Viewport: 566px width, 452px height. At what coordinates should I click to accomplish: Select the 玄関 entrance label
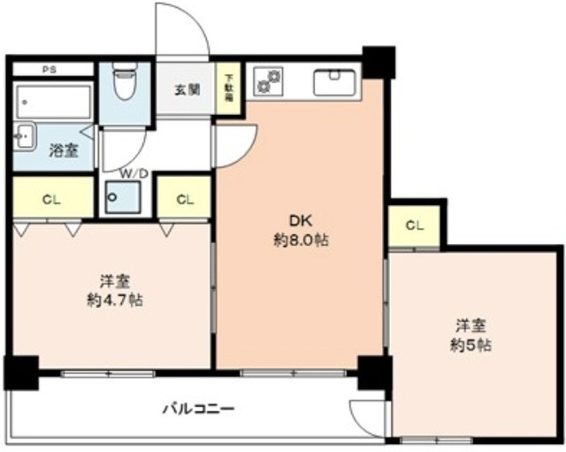(x=185, y=89)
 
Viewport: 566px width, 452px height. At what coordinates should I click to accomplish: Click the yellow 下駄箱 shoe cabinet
(x=228, y=88)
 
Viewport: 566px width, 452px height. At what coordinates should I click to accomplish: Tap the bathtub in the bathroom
(x=53, y=103)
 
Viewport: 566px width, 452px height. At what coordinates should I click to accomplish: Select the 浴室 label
(x=63, y=151)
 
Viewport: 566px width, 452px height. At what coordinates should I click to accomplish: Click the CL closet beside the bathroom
(x=50, y=199)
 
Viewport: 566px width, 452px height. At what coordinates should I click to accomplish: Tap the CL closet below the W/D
(x=184, y=199)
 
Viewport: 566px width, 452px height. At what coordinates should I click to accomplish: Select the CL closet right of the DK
(x=414, y=226)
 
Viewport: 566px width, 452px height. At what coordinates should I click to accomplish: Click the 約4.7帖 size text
(x=116, y=300)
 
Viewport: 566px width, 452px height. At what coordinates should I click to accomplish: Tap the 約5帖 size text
(x=470, y=344)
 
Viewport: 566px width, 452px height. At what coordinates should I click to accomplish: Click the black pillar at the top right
(x=379, y=59)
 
